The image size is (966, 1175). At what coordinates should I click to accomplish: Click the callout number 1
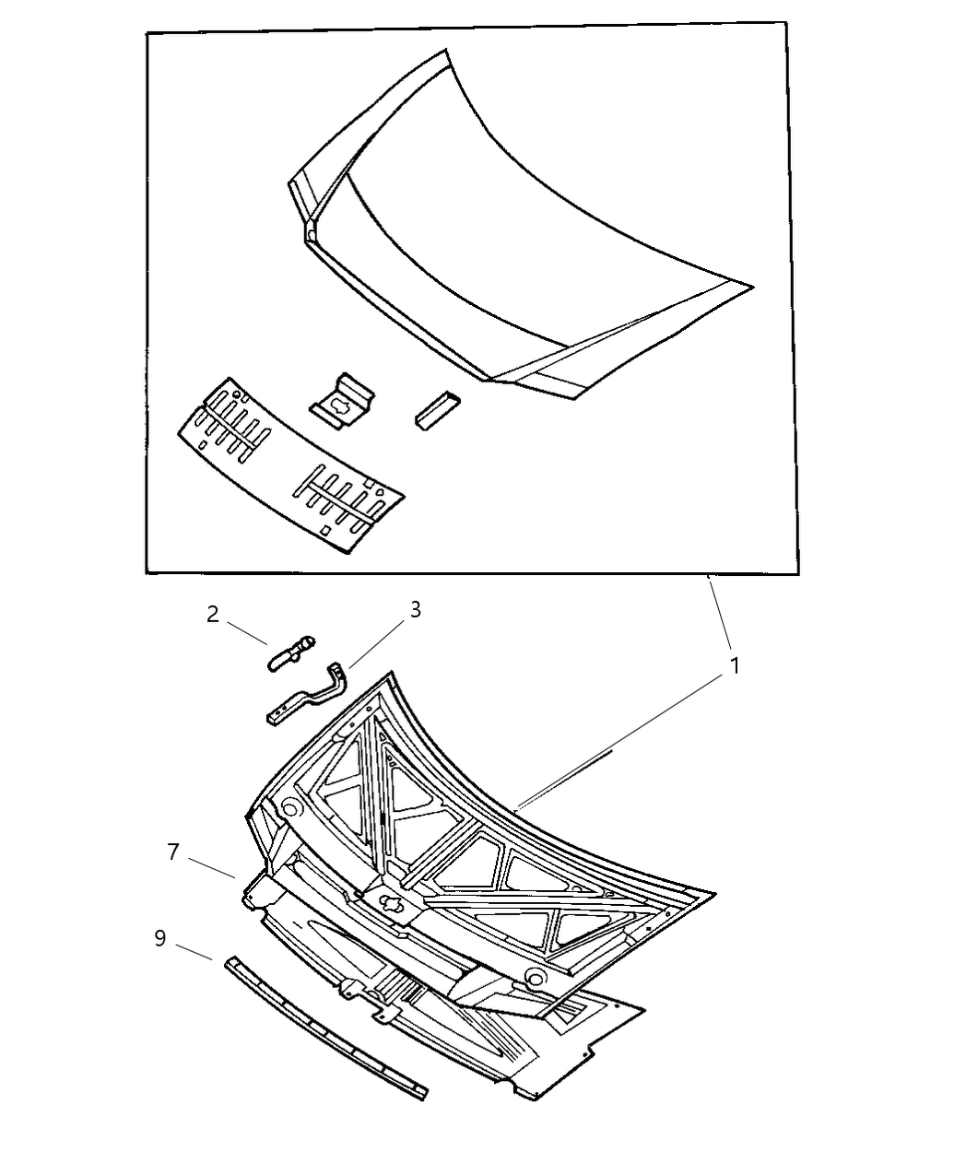[735, 665]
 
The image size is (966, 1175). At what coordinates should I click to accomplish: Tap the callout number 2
[212, 615]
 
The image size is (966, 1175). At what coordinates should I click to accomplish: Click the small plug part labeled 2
[291, 653]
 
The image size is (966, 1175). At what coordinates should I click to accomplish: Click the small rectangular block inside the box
[437, 411]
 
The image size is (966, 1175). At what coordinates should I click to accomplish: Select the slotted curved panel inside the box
[291, 465]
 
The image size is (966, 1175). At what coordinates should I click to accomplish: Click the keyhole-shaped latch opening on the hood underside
[394, 904]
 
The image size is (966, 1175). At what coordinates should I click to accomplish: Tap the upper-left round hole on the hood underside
[290, 806]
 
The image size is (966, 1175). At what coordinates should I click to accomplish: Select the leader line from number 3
[377, 643]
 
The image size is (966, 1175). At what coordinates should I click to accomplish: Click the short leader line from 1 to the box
[720, 612]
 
